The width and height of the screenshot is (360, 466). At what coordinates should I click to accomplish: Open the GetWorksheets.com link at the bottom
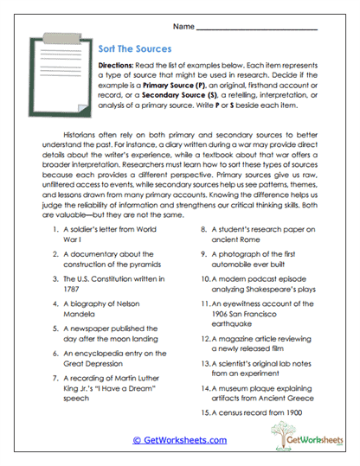pos(179,440)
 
